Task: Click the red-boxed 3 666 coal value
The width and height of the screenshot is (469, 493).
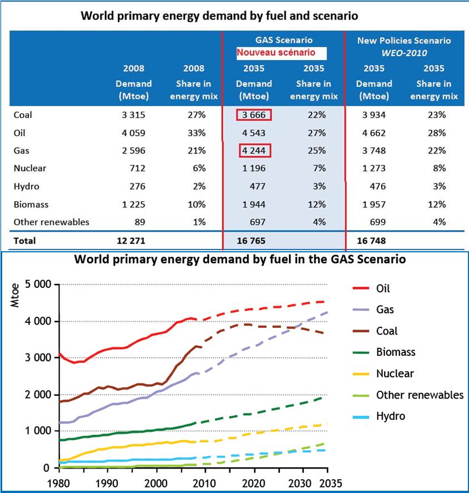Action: pos(253,115)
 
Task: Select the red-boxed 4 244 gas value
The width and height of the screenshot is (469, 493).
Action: pos(253,151)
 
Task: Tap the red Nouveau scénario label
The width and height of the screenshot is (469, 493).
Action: pos(276,53)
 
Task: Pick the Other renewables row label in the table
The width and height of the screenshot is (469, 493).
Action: pos(51,222)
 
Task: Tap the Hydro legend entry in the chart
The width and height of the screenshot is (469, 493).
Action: pos(390,416)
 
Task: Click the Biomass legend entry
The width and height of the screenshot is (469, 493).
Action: pos(396,352)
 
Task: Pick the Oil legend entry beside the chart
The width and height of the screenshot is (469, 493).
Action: pos(383,288)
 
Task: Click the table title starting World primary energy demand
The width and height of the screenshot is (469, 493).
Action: pos(219,16)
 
